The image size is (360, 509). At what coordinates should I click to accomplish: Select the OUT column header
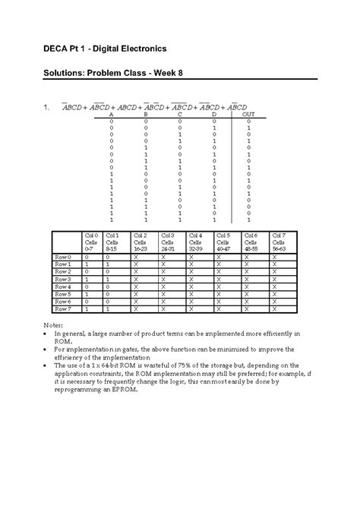[x=248, y=114]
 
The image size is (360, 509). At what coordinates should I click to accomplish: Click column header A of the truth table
[x=112, y=114]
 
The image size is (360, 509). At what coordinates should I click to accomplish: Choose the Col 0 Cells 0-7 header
[x=90, y=242]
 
